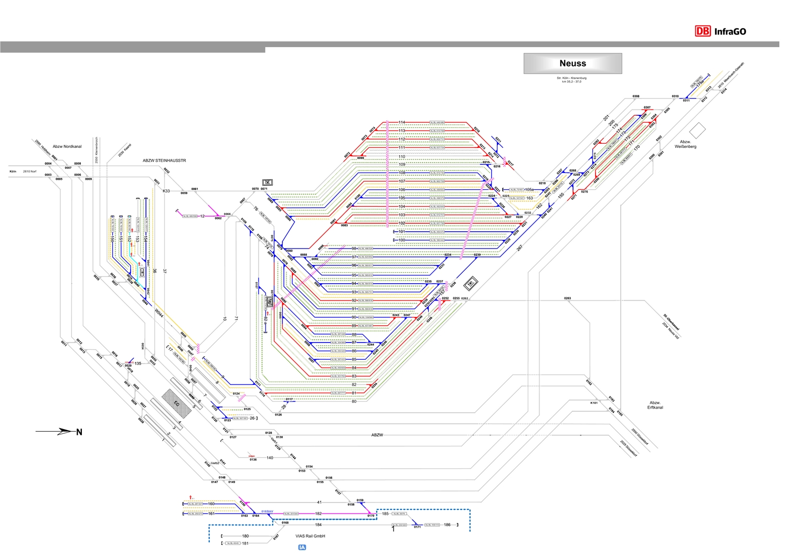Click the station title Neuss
pos(572,63)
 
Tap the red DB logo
pos(703,31)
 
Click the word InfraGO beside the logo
pos(730,31)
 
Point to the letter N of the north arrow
pos(79,432)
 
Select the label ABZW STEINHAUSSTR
pos(164,161)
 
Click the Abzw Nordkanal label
pos(67,146)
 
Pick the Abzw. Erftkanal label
pos(655,405)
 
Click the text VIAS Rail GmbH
pos(310,536)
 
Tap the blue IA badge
pos(302,547)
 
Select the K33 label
pos(166,191)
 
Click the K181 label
pos(594,403)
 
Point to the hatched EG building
pos(176,402)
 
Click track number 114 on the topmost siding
pos(402,122)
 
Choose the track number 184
pos(318,525)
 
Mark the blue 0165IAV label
pos(267,510)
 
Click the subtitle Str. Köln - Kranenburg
pos(572,78)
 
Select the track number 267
pos(519,248)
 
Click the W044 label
pos(159,313)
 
